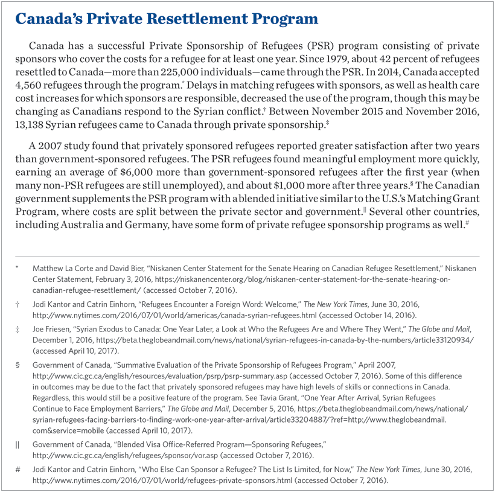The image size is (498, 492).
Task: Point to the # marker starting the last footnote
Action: click(x=18, y=468)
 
